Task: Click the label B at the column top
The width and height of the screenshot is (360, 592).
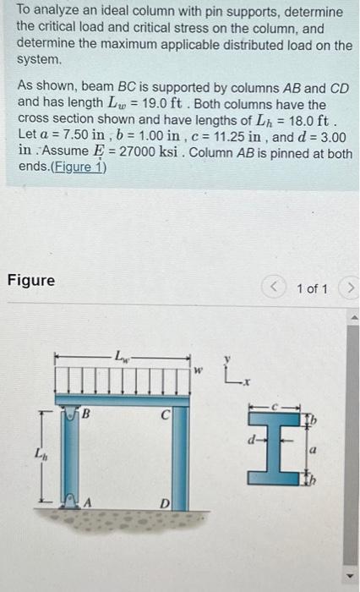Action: click(85, 416)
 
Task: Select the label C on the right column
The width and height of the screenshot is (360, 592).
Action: click(167, 416)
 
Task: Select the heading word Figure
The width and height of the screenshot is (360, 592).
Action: click(30, 279)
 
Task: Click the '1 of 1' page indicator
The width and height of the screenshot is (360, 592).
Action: click(312, 289)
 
